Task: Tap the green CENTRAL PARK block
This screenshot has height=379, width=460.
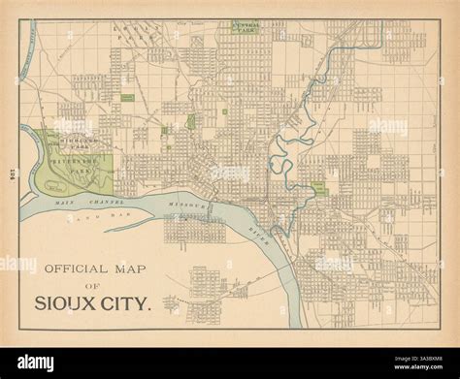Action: click(x=245, y=27)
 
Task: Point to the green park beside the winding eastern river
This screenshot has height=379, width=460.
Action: click(x=317, y=187)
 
